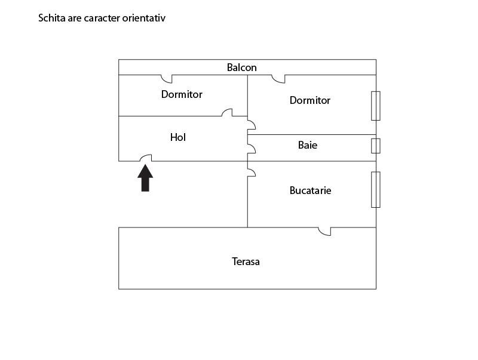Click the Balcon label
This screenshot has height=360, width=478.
coord(242,67)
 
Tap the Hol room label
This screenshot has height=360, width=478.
coord(178,137)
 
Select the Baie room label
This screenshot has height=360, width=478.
coord(308,145)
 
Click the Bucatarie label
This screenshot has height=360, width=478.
coord(310,190)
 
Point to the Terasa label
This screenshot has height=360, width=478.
coord(246,261)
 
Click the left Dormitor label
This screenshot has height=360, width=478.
coord(182,94)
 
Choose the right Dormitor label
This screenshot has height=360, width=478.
coord(310,100)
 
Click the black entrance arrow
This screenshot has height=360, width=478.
coord(145,178)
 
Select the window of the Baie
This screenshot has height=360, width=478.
coord(376,146)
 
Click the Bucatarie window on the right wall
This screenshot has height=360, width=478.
coord(376,190)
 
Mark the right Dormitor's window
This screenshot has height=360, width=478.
coord(376,106)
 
